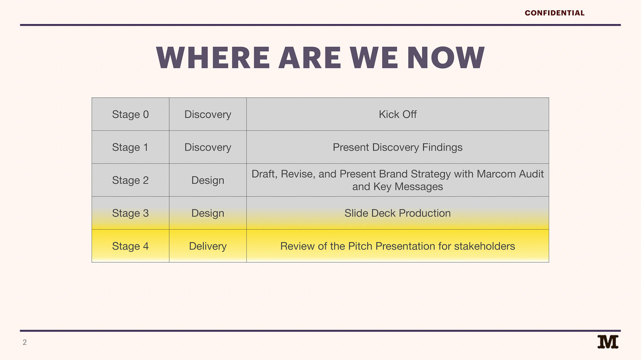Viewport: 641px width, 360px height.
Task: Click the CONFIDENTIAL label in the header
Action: tap(555, 13)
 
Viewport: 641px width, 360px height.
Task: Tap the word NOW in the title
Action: tap(446, 58)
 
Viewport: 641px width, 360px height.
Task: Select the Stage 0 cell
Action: tap(131, 114)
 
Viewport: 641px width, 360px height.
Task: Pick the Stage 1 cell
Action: tap(131, 147)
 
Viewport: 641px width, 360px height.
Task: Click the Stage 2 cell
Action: tap(131, 180)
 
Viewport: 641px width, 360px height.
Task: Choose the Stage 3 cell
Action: tap(131, 213)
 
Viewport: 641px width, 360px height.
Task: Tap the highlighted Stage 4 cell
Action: tap(131, 246)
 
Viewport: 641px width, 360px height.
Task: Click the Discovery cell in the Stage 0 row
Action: tap(208, 114)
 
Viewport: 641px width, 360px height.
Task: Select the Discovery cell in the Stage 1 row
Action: tap(208, 147)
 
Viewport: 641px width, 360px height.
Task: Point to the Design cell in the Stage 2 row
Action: tap(208, 180)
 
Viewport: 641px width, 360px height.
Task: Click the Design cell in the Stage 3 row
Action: tap(208, 213)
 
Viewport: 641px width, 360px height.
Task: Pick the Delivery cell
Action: tap(208, 246)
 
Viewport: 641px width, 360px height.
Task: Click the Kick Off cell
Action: tap(398, 114)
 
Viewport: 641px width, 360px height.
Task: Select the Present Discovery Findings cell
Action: tap(398, 147)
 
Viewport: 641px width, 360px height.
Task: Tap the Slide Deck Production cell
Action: tap(398, 213)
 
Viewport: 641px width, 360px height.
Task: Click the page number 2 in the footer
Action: tap(24, 342)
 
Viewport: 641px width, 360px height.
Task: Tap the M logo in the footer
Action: tap(608, 342)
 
